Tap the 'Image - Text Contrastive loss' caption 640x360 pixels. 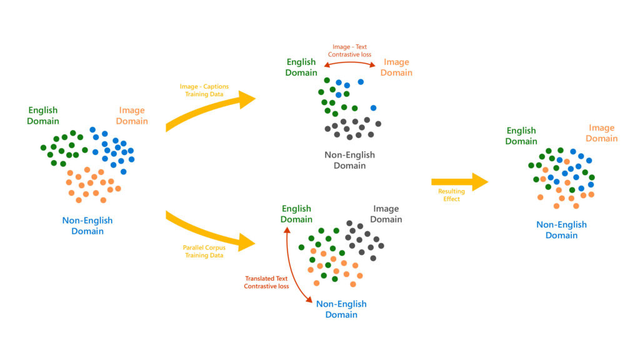click(x=349, y=50)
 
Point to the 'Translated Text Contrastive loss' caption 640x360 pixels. click(x=266, y=282)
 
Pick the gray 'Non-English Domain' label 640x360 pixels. click(x=349, y=161)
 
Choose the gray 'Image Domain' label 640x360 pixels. click(x=386, y=214)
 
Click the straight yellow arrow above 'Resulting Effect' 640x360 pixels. click(x=459, y=181)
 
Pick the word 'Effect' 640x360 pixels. click(x=451, y=199)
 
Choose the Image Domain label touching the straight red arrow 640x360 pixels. click(x=397, y=67)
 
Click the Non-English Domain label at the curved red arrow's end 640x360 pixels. click(x=341, y=309)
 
